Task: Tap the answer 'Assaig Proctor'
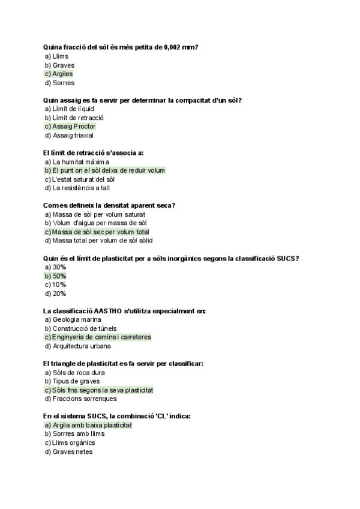(70, 127)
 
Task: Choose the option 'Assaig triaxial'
(69, 136)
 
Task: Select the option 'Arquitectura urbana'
(77, 346)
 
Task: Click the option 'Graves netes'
(69, 451)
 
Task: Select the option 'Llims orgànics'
(70, 443)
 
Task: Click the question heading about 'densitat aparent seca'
(110, 205)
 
